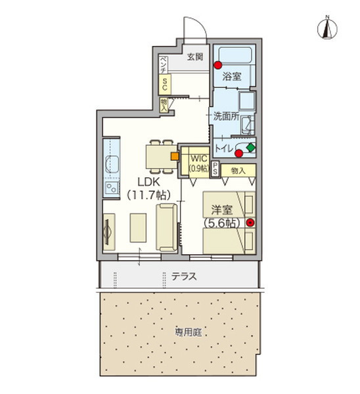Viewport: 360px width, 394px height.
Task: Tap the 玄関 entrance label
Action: [194, 57]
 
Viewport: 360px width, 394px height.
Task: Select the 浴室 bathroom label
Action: [231, 77]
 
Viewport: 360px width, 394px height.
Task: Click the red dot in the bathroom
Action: [216, 64]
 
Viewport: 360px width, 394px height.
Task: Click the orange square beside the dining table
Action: [173, 156]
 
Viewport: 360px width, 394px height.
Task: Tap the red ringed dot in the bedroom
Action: [250, 223]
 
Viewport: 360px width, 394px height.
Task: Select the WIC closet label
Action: [199, 158]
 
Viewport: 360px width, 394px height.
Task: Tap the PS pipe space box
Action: [216, 169]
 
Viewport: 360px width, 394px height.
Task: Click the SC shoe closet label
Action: [166, 83]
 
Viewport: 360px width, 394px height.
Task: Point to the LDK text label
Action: [148, 182]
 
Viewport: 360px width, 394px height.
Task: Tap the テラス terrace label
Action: [185, 277]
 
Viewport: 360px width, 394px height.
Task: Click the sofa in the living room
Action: [165, 227]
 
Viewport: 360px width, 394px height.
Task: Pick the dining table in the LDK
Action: [156, 156]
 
